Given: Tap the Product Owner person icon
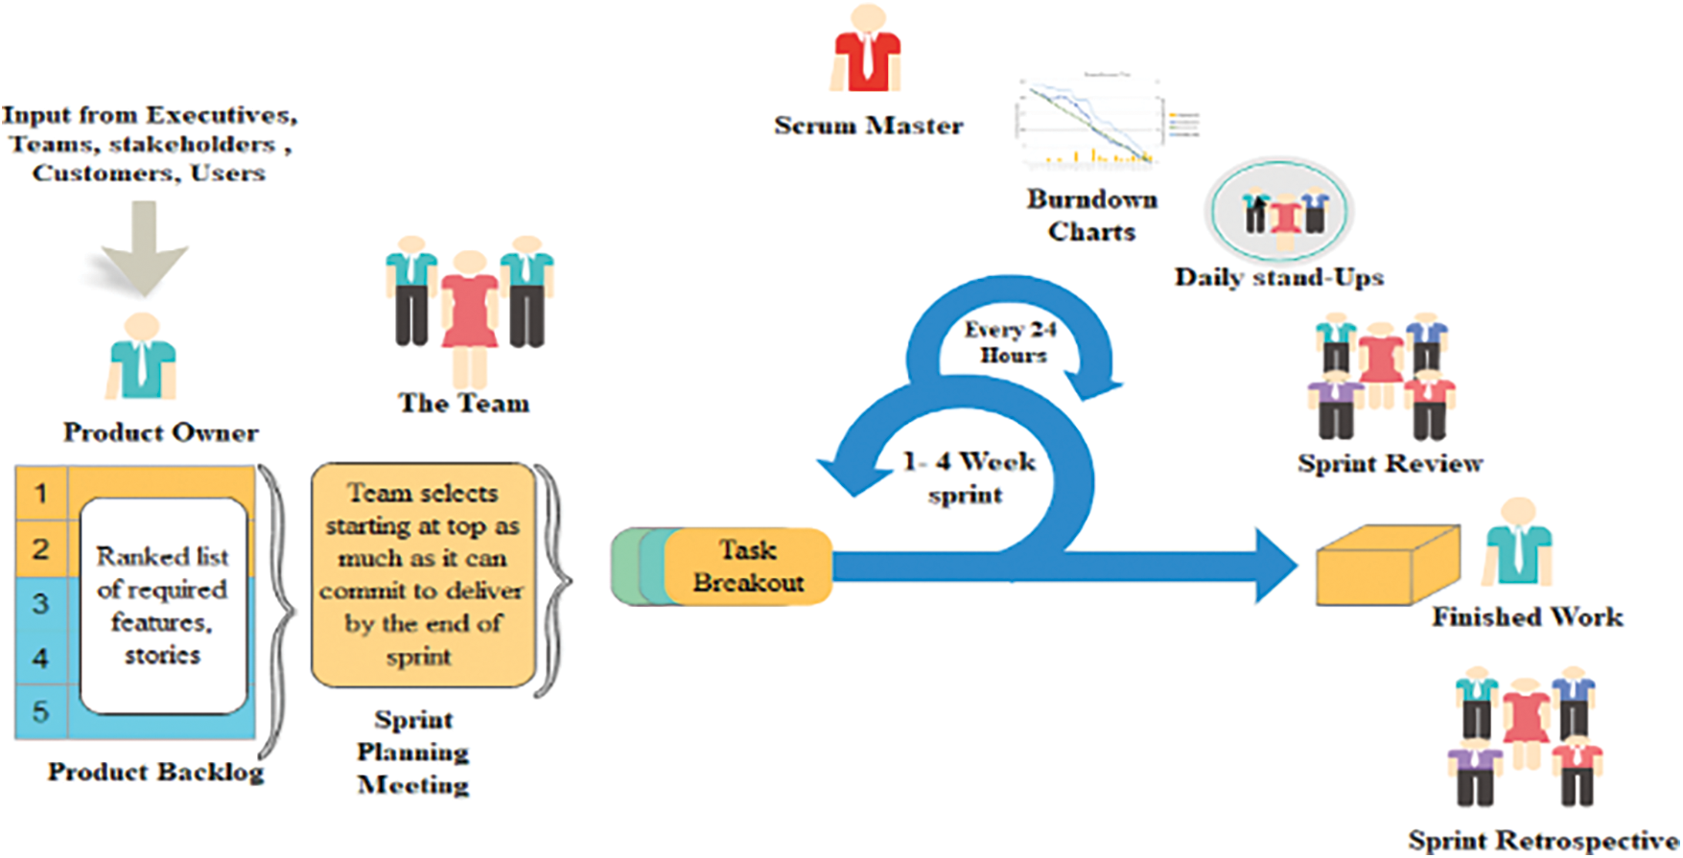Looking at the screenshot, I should coord(142,359).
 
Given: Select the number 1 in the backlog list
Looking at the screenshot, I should coord(41,494).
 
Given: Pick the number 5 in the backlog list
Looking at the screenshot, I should coord(41,712).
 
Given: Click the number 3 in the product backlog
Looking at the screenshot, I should coord(41,604).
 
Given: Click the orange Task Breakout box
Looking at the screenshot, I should coord(748,567).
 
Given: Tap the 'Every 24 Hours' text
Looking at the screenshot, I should coord(1011,342).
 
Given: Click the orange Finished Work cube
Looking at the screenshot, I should coord(1386,566).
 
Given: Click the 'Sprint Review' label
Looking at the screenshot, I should coord(1390,464).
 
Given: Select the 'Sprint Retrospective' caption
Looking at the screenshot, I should coord(1542,841).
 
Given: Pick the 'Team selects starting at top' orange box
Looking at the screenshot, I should coord(423,574).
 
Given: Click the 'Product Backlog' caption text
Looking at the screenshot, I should coord(156,773).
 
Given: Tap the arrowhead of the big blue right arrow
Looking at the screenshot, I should coord(1275,566).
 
